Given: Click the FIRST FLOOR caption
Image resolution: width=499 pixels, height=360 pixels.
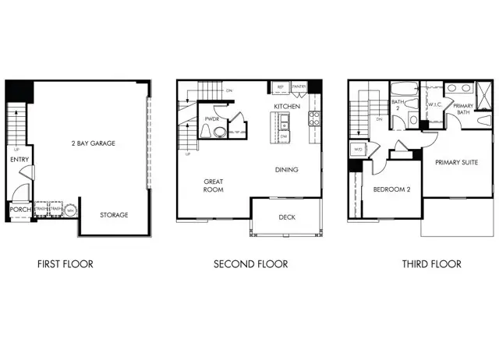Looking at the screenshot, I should pos(65,264).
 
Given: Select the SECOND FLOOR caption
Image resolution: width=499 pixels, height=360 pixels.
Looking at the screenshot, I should pos(250,264).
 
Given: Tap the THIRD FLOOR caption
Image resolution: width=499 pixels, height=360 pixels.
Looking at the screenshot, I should pos(431,264).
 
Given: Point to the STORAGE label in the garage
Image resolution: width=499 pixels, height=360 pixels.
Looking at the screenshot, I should pos(114,214).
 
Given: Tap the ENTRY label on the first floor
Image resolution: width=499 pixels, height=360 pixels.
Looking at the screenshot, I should pos(19,160).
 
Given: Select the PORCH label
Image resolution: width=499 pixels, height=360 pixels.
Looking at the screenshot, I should pos(19,210).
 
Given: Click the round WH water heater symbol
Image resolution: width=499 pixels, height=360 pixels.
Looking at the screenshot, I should pos(70,210).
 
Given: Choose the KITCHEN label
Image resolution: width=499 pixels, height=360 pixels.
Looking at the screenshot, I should pos(287,106).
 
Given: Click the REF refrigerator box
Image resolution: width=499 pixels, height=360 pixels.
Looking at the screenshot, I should pos(279,86).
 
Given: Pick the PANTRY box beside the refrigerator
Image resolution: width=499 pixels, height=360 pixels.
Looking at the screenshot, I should pos(299,86).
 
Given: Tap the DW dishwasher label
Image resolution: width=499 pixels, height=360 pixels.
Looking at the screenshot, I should pos(285,136).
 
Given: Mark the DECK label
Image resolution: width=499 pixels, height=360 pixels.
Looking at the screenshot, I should pos(287,217).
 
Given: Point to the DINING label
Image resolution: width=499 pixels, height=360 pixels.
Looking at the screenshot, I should pos(287,169).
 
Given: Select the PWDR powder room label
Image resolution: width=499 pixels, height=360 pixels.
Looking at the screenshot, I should pos(211,118).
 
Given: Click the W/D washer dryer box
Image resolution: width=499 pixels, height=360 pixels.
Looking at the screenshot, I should pos(358,149).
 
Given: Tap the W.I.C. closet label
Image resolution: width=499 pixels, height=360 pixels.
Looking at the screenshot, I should pos(435,104).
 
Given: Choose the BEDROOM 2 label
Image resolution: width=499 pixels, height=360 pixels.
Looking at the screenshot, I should pos(391,189).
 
